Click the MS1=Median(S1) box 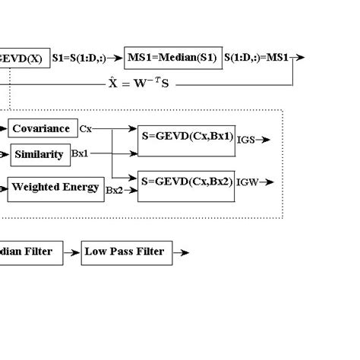pos(172,57)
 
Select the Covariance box pos(42,128)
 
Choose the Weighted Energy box pos(55,188)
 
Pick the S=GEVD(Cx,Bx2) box pos(186,183)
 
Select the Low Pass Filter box pos(124,251)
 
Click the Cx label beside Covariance pos(86,129)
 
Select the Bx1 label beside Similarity pos(80,153)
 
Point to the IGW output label pos(248,183)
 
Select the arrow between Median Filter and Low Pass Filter pos(71,252)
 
